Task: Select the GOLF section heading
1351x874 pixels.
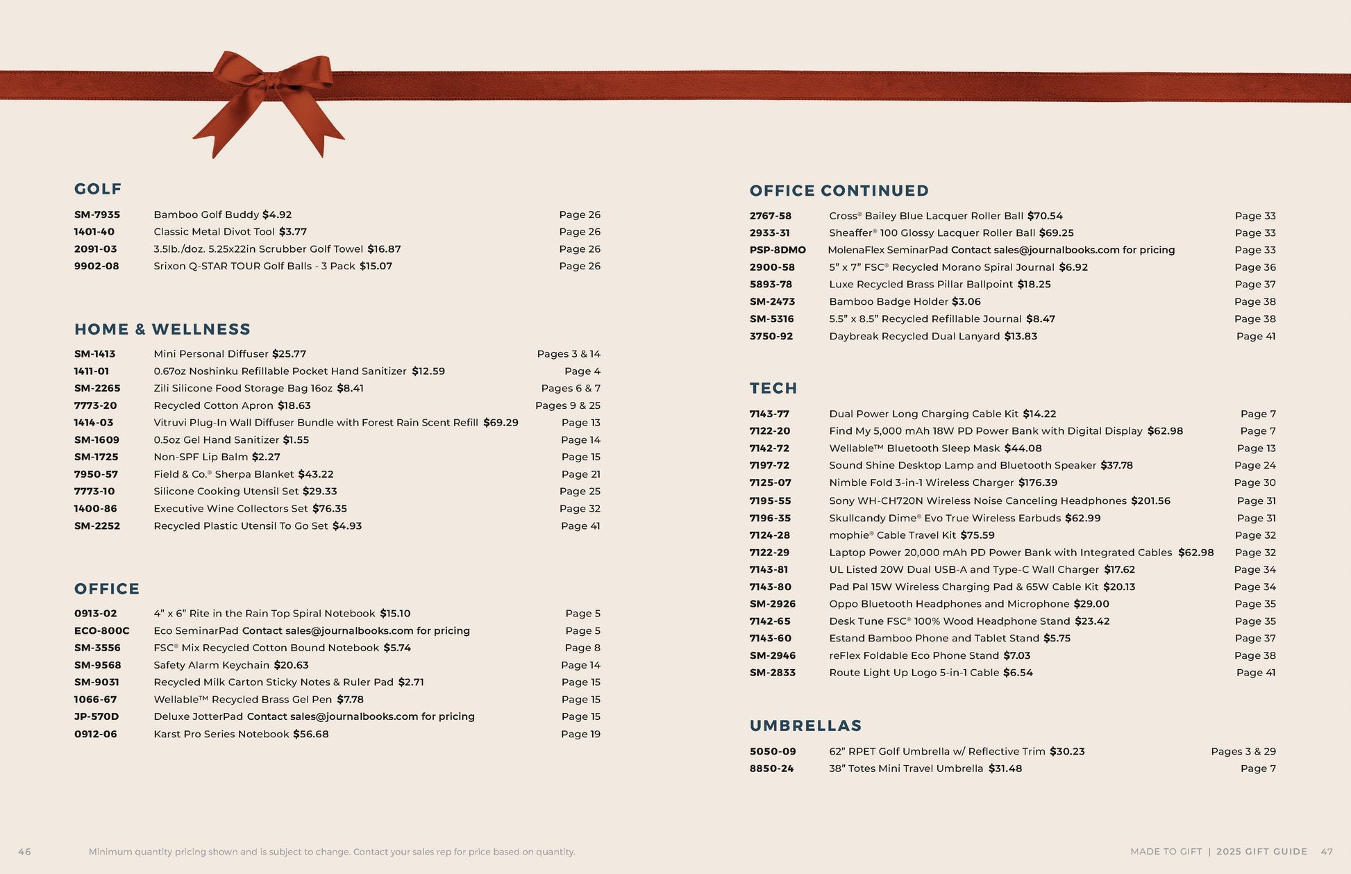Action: point(98,189)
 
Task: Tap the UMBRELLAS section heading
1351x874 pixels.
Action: point(805,725)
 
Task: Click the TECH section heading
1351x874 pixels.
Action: point(773,388)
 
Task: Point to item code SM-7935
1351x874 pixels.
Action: point(97,215)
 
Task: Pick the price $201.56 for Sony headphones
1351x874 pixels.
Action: point(1150,501)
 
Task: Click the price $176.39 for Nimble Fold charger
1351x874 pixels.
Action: point(1038,482)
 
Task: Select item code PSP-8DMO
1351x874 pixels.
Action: point(778,250)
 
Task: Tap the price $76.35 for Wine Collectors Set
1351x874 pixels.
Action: point(330,508)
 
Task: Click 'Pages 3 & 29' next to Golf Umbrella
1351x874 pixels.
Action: point(1243,751)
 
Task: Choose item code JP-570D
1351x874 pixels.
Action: point(96,716)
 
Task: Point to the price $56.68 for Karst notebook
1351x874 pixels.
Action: point(311,734)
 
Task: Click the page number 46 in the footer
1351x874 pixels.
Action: point(24,852)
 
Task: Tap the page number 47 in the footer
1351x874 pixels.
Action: point(1327,852)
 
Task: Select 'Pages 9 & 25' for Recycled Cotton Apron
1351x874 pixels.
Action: point(568,405)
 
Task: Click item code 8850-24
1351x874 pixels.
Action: point(771,768)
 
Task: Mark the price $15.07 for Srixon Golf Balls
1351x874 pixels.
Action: point(376,266)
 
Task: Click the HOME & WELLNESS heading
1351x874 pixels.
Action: point(162,329)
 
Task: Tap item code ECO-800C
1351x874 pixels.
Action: point(101,630)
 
